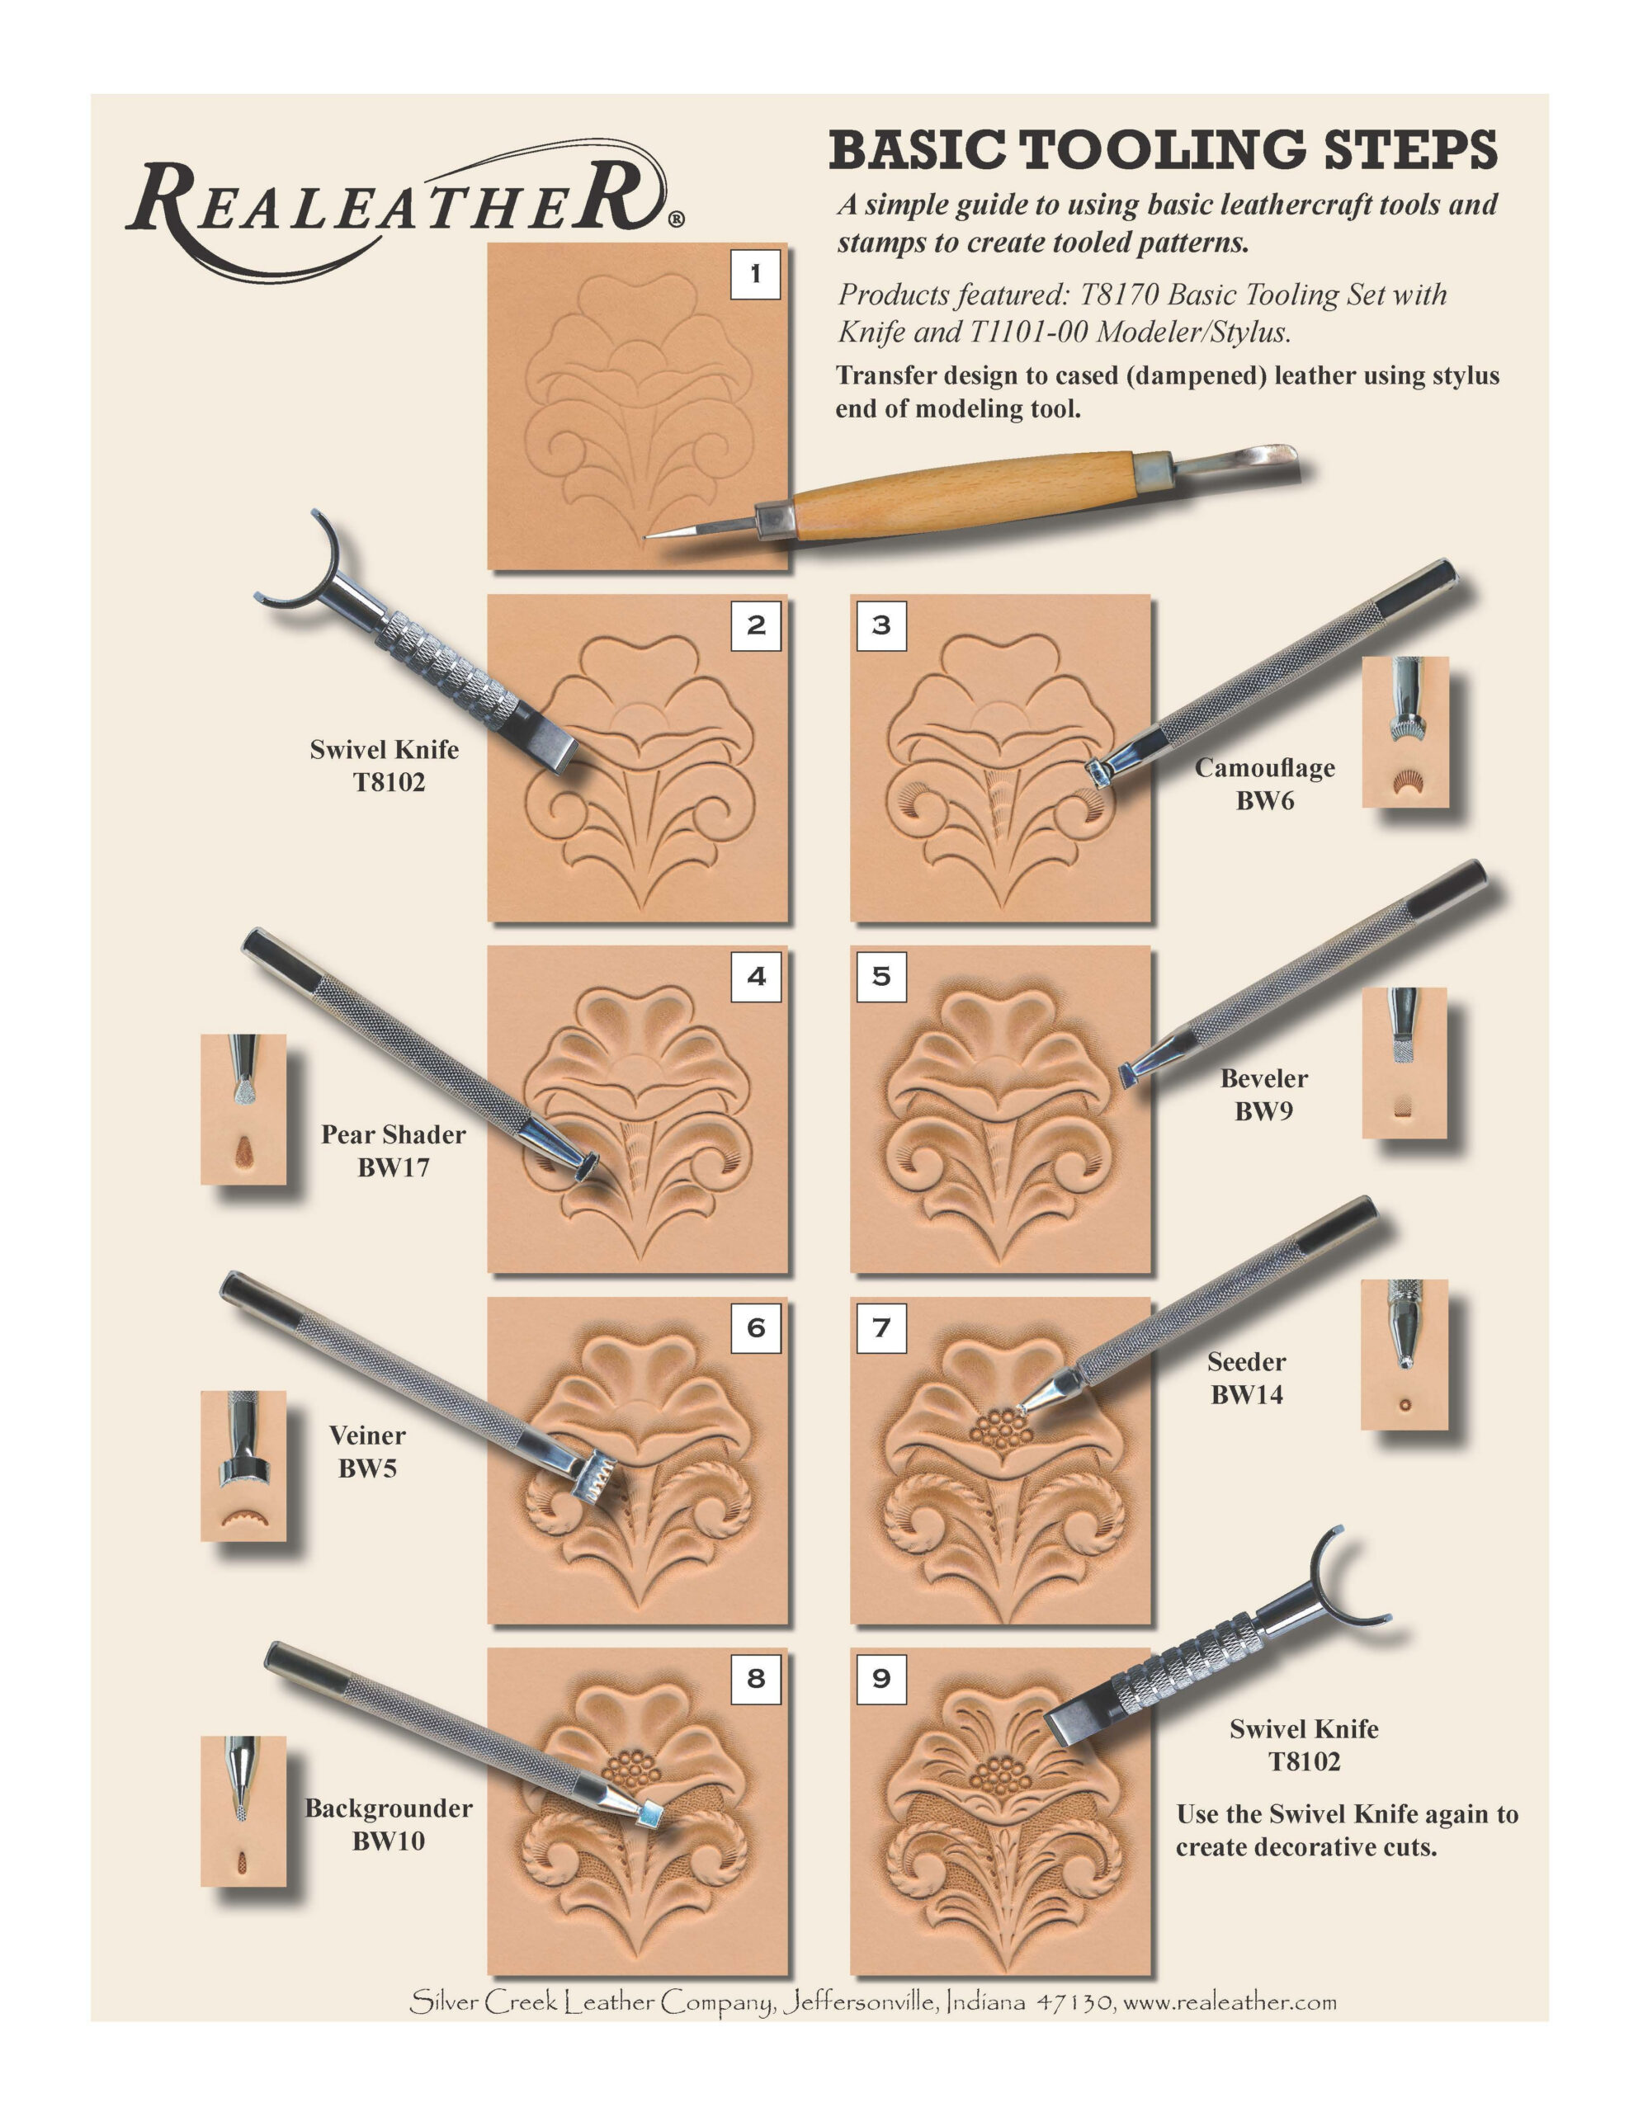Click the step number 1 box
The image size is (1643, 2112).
pos(754,275)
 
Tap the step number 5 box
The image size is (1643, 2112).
pos(881,976)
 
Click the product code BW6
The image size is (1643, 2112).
pos(1264,801)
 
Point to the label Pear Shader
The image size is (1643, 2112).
pos(393,1134)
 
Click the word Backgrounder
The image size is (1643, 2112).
pos(389,1808)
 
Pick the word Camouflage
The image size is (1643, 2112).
pos(1264,768)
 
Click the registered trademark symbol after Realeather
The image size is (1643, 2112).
pos(676,219)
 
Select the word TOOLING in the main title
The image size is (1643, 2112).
pos(1163,152)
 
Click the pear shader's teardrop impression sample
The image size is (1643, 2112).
pos(244,1151)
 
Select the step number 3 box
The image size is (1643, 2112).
pos(881,625)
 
